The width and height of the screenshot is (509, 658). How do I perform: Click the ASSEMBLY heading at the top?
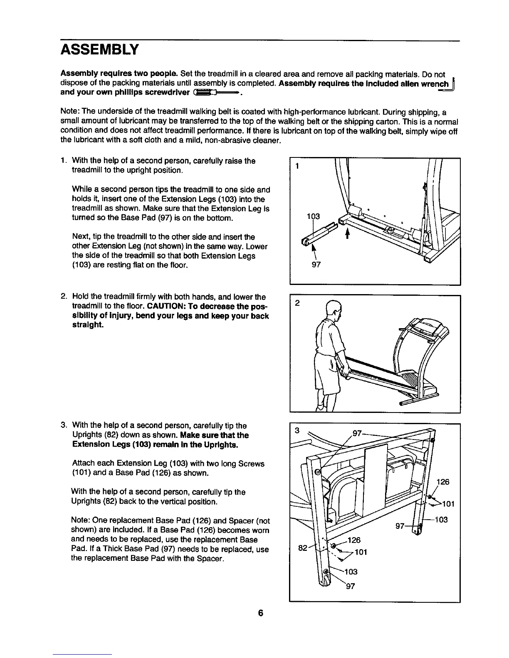(x=99, y=50)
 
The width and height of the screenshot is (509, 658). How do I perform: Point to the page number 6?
(x=260, y=613)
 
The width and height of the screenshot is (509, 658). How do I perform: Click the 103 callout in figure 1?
(x=313, y=216)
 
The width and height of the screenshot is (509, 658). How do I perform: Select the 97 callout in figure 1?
(x=316, y=265)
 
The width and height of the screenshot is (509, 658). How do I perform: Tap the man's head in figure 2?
(x=333, y=309)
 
